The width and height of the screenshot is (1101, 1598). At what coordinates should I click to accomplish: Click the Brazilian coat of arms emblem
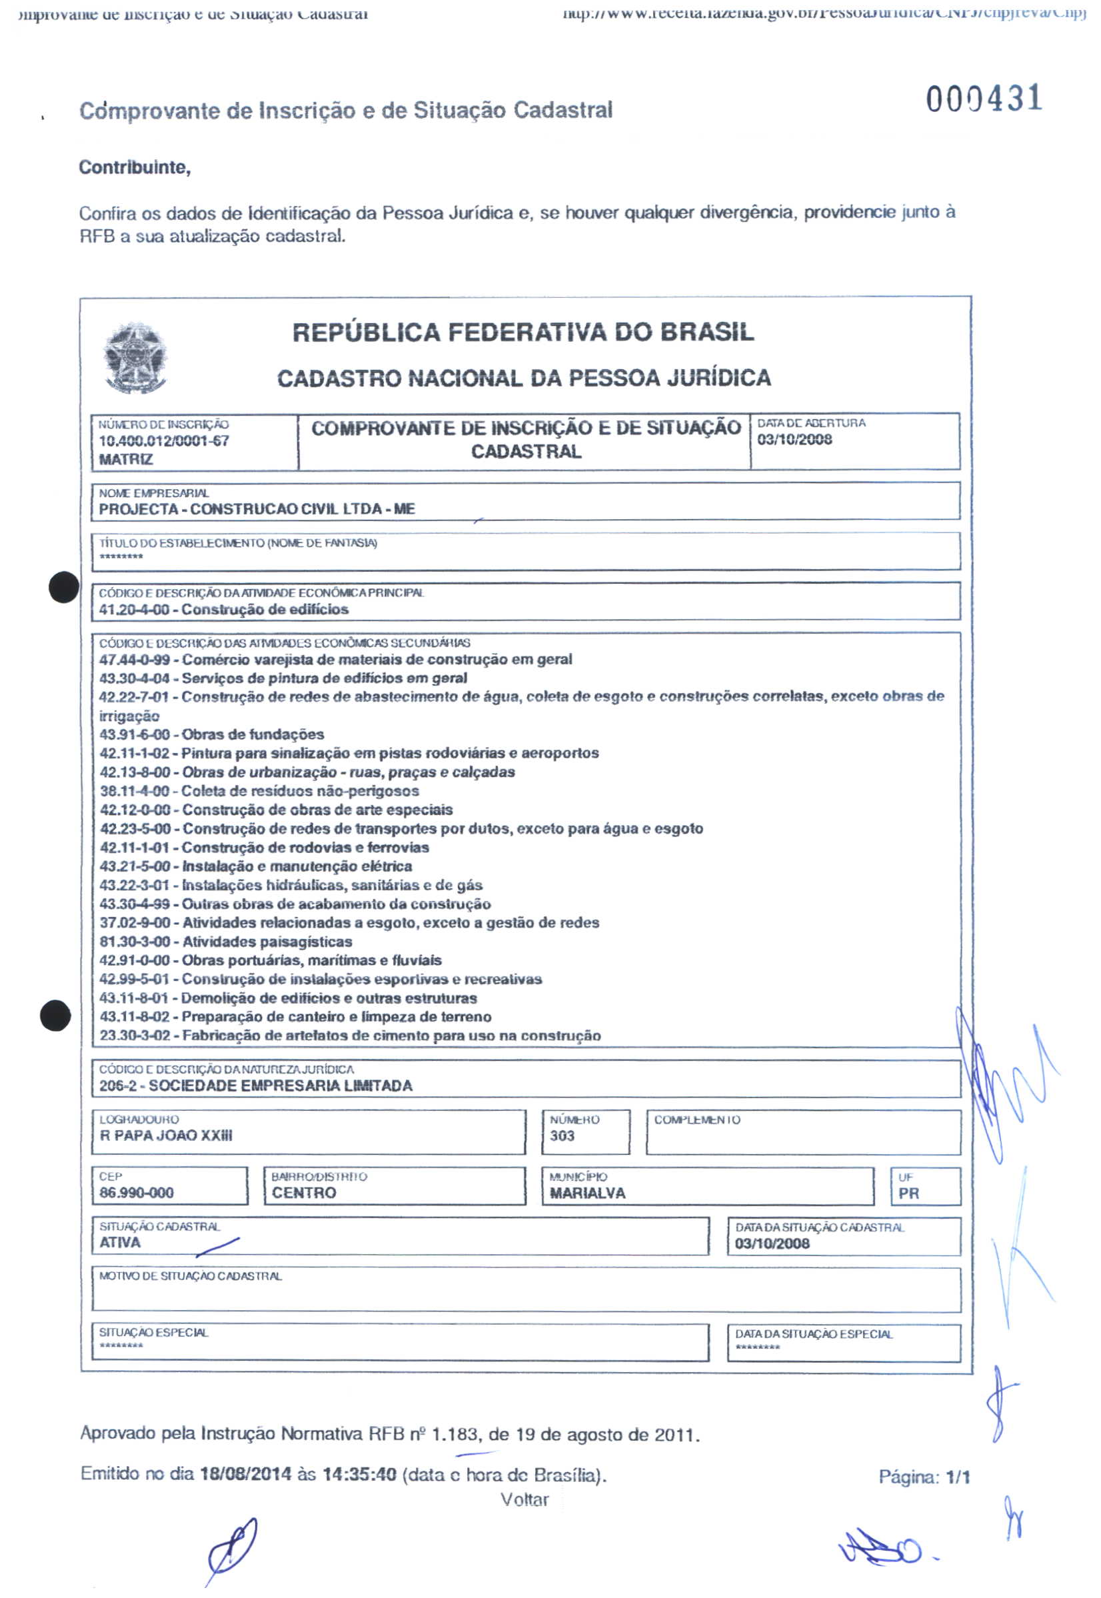coord(135,357)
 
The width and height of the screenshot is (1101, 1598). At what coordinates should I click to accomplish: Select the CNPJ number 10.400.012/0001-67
coord(163,441)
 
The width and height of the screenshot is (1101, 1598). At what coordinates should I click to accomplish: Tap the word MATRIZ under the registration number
coord(125,459)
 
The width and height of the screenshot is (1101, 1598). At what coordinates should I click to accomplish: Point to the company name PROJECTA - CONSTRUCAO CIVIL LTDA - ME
coord(257,509)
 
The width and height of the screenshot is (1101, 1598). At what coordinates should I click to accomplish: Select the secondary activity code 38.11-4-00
coord(135,791)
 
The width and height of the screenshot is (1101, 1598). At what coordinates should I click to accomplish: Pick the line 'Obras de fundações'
coord(253,734)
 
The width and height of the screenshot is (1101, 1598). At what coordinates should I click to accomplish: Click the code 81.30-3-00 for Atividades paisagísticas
coord(135,942)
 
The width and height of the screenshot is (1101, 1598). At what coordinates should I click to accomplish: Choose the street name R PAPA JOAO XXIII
coord(165,1136)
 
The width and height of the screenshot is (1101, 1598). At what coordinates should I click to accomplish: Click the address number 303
coord(562,1136)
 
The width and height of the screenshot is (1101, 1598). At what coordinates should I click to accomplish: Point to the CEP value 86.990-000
coord(137,1192)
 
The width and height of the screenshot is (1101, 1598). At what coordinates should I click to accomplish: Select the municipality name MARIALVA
coord(587,1193)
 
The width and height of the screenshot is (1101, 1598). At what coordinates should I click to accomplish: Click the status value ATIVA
coord(120,1242)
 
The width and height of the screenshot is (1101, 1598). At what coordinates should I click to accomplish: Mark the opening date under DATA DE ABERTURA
coord(794,439)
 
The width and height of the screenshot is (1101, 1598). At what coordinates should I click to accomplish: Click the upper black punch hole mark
coord(63,588)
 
